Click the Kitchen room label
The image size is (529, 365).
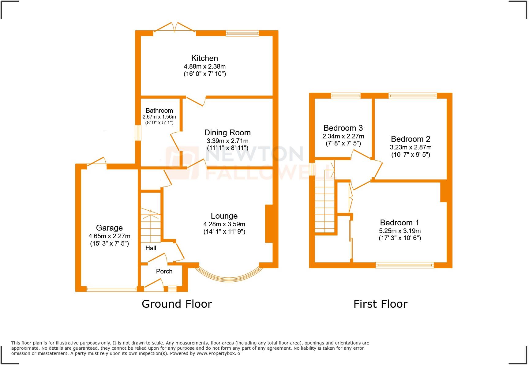click(x=204, y=58)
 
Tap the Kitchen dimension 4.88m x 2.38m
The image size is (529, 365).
click(x=204, y=66)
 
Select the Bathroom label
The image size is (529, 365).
click(x=159, y=111)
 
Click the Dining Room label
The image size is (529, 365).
click(x=227, y=133)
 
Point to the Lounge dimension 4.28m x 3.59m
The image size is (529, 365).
click(x=224, y=224)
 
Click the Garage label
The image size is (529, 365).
click(x=109, y=228)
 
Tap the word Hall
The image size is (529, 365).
click(x=151, y=248)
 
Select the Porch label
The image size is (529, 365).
click(x=164, y=271)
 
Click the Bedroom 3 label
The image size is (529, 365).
click(x=343, y=128)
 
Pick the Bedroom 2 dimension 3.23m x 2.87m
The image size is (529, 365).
click(x=411, y=147)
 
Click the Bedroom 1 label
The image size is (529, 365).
click(x=400, y=223)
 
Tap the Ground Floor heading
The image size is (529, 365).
click(x=177, y=304)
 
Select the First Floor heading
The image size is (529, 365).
click(x=380, y=304)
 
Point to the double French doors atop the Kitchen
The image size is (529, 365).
click(x=174, y=28)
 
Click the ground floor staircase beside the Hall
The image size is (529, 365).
click(x=151, y=225)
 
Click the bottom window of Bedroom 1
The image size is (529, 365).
click(x=405, y=265)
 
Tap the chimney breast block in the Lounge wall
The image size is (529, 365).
click(x=269, y=224)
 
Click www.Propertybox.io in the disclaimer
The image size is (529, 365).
click(x=218, y=353)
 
